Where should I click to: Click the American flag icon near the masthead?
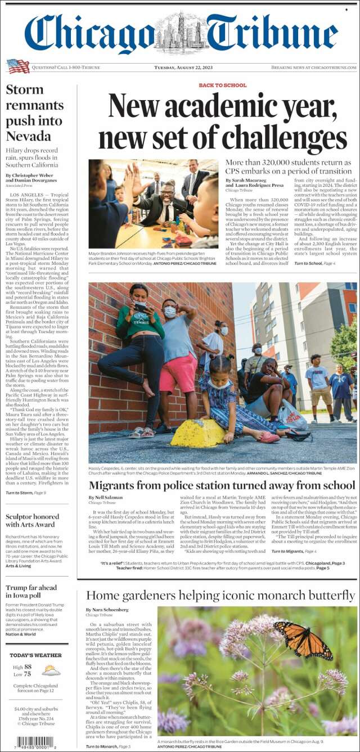[x=18, y=66]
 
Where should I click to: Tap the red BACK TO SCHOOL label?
[x=222, y=85]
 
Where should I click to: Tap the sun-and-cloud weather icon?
[x=51, y=670]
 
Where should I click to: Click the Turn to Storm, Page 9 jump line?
[x=26, y=493]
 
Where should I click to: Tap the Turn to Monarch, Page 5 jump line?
[x=108, y=746]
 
